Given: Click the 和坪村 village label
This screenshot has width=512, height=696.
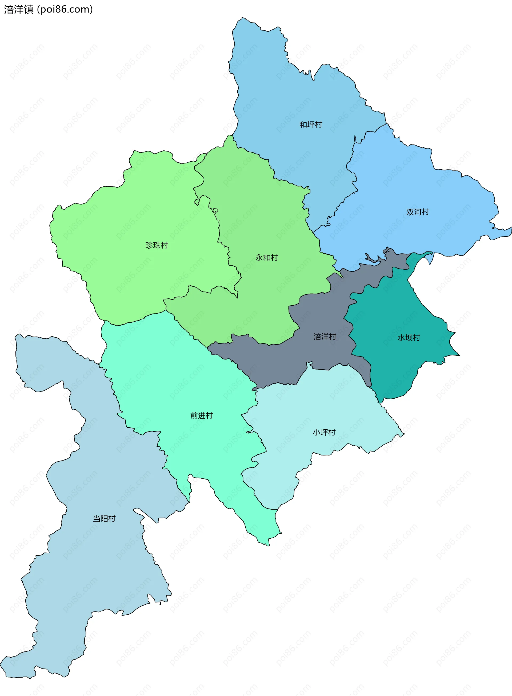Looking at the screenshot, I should pyautogui.click(x=311, y=125).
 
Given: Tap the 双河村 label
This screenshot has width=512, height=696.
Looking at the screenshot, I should pyautogui.click(x=418, y=212).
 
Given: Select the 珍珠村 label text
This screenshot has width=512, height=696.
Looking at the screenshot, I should pyautogui.click(x=157, y=245).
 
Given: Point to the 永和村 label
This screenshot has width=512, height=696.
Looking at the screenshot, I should pyautogui.click(x=267, y=258).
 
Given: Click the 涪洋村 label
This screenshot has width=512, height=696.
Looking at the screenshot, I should pyautogui.click(x=325, y=337).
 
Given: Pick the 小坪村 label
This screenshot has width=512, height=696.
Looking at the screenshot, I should pyautogui.click(x=324, y=432).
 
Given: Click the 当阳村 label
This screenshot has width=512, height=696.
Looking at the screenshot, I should pyautogui.click(x=104, y=518).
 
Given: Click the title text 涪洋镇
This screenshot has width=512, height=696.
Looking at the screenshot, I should pyautogui.click(x=19, y=10).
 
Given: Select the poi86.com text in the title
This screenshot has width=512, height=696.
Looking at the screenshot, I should pyautogui.click(x=65, y=10).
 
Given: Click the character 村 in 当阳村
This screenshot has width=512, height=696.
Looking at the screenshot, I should pyautogui.click(x=112, y=518).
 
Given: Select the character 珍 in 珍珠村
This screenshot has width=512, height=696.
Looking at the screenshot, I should pyautogui.click(x=149, y=245).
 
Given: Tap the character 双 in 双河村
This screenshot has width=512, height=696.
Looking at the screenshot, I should pyautogui.click(x=410, y=212).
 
